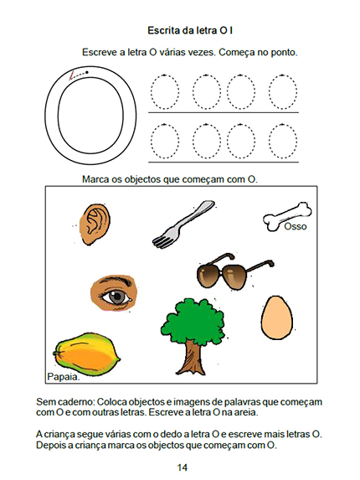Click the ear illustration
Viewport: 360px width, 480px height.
[x=95, y=224]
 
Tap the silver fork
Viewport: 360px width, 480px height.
[x=183, y=225]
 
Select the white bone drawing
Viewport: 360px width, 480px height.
[x=287, y=216]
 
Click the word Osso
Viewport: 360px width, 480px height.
[x=296, y=226]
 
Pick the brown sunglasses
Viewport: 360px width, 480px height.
[x=234, y=271]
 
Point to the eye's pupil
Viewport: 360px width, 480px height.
[x=116, y=297]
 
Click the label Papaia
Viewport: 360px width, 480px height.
[x=64, y=377]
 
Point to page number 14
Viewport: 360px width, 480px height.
[x=182, y=467]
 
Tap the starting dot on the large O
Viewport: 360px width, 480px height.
[x=87, y=72]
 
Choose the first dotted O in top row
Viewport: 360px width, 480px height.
[x=165, y=92]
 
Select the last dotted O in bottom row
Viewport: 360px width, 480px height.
[x=283, y=141]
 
